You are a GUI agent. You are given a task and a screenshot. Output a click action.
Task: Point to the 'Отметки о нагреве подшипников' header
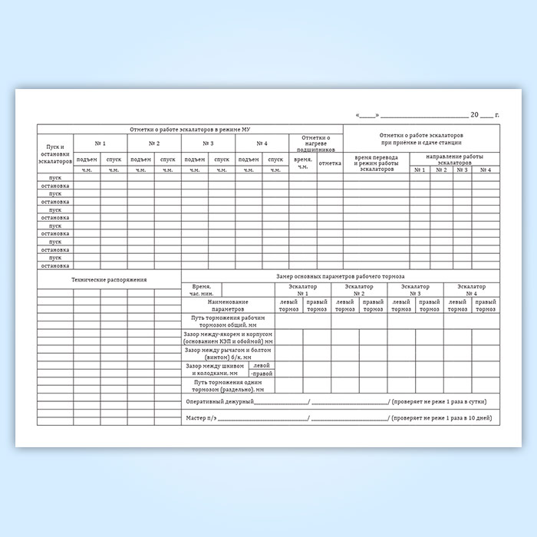click(316, 141)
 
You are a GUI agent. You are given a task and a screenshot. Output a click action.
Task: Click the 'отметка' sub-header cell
click(330, 163)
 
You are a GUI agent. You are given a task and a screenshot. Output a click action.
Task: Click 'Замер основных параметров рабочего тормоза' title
click(338, 275)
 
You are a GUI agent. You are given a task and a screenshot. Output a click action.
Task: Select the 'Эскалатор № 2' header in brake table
click(359, 289)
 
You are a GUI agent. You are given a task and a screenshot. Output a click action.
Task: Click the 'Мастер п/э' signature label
click(200, 418)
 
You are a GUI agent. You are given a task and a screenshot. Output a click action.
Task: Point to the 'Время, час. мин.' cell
click(201, 289)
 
